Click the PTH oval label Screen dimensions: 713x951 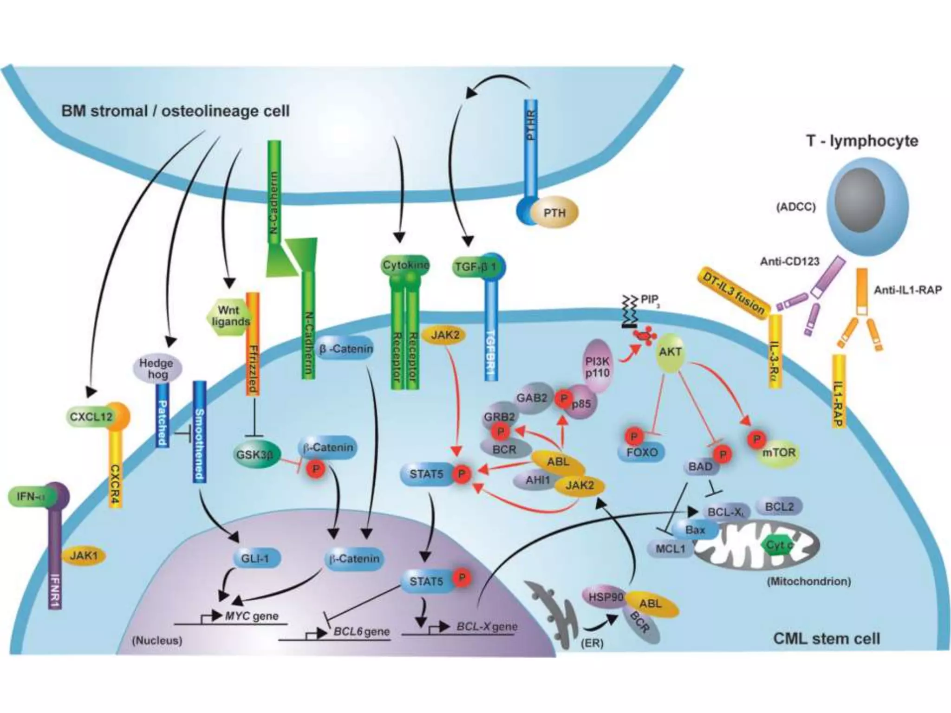[x=554, y=213]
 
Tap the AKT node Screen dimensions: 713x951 [x=670, y=352]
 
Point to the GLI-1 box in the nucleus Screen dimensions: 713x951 [x=255, y=558]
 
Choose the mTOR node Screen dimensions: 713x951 [x=779, y=452]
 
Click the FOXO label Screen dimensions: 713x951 [x=642, y=452]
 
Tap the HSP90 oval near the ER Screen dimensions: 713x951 [x=606, y=597]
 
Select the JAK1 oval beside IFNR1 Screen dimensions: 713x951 [x=84, y=555]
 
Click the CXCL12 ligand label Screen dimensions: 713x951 [x=91, y=416]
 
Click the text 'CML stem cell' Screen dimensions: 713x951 [x=827, y=639]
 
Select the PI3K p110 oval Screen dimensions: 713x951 [x=598, y=367]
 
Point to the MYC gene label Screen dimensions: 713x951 [x=252, y=616]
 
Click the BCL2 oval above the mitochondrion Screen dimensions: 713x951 [x=779, y=506]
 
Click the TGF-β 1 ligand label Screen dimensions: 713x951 [x=475, y=267]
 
